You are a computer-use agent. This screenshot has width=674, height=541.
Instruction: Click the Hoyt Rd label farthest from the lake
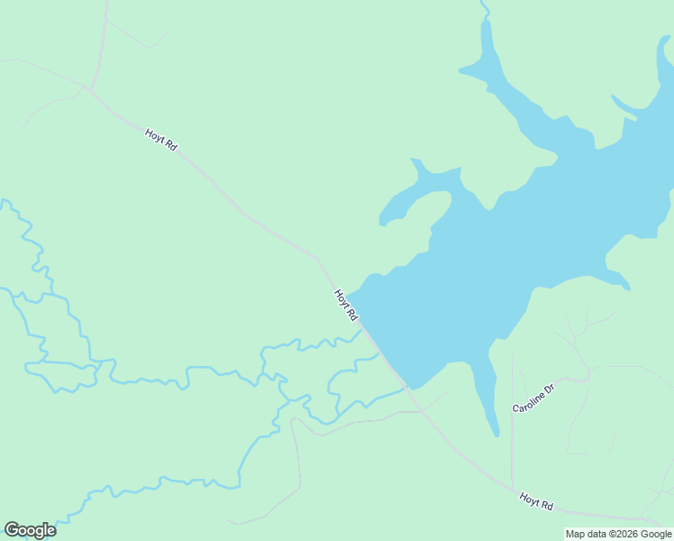click(x=160, y=140)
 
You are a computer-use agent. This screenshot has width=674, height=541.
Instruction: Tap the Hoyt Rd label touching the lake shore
click(x=346, y=306)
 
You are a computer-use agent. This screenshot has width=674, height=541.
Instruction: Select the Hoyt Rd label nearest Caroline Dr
click(x=535, y=500)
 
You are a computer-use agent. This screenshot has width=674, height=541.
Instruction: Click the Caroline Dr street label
click(x=533, y=398)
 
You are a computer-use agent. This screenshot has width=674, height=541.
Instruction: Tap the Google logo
click(x=30, y=530)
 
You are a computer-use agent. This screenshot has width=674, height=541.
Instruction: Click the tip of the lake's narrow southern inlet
click(x=496, y=434)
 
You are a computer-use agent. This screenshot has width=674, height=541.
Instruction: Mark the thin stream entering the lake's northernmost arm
click(x=485, y=9)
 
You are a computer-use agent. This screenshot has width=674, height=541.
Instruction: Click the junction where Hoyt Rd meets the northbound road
click(x=88, y=87)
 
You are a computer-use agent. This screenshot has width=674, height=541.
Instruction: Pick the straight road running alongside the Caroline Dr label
click(x=512, y=424)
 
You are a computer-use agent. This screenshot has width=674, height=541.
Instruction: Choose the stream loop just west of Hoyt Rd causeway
click(x=342, y=383)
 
